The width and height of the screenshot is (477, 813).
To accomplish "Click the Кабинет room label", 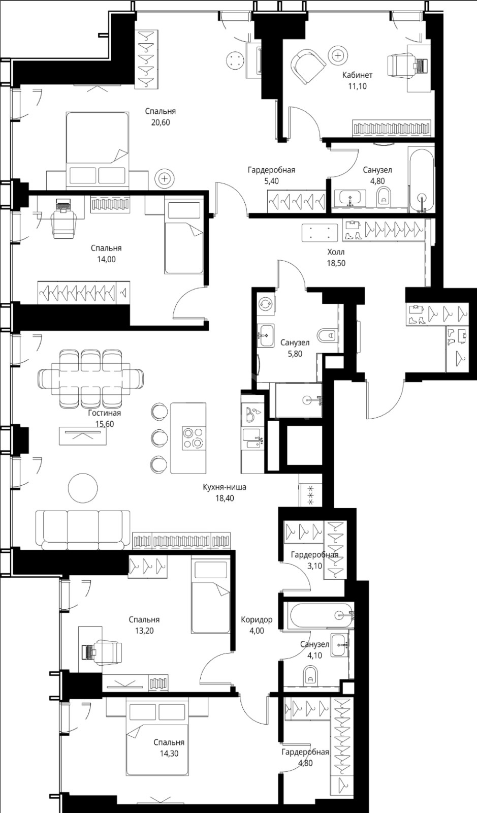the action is coord(357,75).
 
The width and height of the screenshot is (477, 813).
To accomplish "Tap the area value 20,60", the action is coord(161,122).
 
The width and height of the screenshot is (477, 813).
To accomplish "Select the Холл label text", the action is coord(336,252).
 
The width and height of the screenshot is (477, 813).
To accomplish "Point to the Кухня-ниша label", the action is coord(225,487).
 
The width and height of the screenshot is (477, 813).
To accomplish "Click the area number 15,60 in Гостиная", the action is coord(105,424).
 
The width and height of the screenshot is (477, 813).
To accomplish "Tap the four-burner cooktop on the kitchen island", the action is coord(194,438).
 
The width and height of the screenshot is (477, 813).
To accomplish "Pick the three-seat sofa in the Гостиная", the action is coord(83,529).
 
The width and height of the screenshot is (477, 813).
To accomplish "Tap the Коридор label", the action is coord(257,619).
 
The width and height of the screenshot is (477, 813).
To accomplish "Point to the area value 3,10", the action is coord(314,566).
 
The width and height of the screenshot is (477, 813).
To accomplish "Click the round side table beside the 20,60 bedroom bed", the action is coord(165,178).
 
